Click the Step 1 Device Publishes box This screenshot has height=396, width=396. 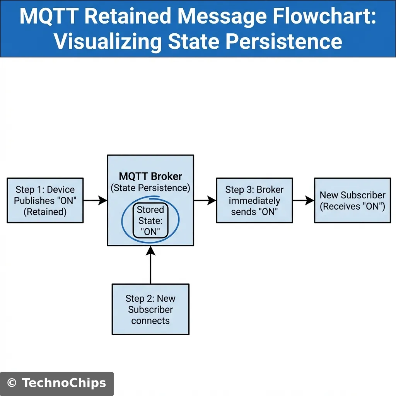pyautogui.click(x=45, y=200)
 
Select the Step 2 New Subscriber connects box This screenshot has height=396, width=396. pyautogui.click(x=150, y=309)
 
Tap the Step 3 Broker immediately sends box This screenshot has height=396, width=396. pyautogui.click(x=254, y=200)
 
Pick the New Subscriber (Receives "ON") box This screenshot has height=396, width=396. pyautogui.click(x=352, y=200)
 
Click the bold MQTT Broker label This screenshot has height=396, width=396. pyautogui.click(x=150, y=177)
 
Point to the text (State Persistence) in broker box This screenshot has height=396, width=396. pyautogui.click(x=150, y=188)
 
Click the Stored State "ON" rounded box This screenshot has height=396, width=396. pyautogui.click(x=150, y=221)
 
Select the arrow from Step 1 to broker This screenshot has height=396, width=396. pyautogui.click(x=95, y=200)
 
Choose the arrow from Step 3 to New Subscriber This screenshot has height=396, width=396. pyautogui.click(x=303, y=200)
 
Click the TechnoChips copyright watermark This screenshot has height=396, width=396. pyautogui.click(x=57, y=383)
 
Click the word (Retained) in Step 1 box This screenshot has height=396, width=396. pyautogui.click(x=45, y=212)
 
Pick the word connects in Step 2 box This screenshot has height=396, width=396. pyautogui.click(x=150, y=321)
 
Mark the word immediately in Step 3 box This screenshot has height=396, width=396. pyautogui.click(x=254, y=201)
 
